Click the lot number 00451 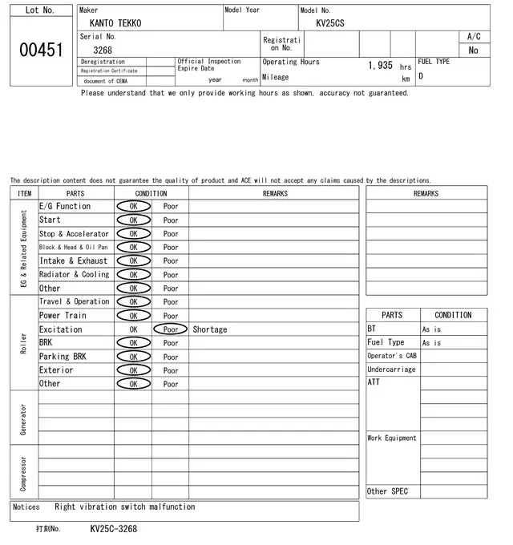(x=40, y=50)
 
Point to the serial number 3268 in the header (x=103, y=50)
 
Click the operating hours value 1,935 (x=380, y=66)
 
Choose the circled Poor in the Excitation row (x=171, y=329)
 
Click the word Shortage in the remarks (x=210, y=329)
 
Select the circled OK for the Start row (x=133, y=220)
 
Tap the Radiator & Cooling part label (x=74, y=275)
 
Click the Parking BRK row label (x=63, y=357)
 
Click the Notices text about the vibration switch (x=124, y=507)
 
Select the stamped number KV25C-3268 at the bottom (x=113, y=529)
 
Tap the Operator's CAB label (x=392, y=356)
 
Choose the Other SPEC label (x=387, y=491)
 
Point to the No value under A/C (x=473, y=50)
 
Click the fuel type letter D (x=421, y=77)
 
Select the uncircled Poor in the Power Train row (x=171, y=316)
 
